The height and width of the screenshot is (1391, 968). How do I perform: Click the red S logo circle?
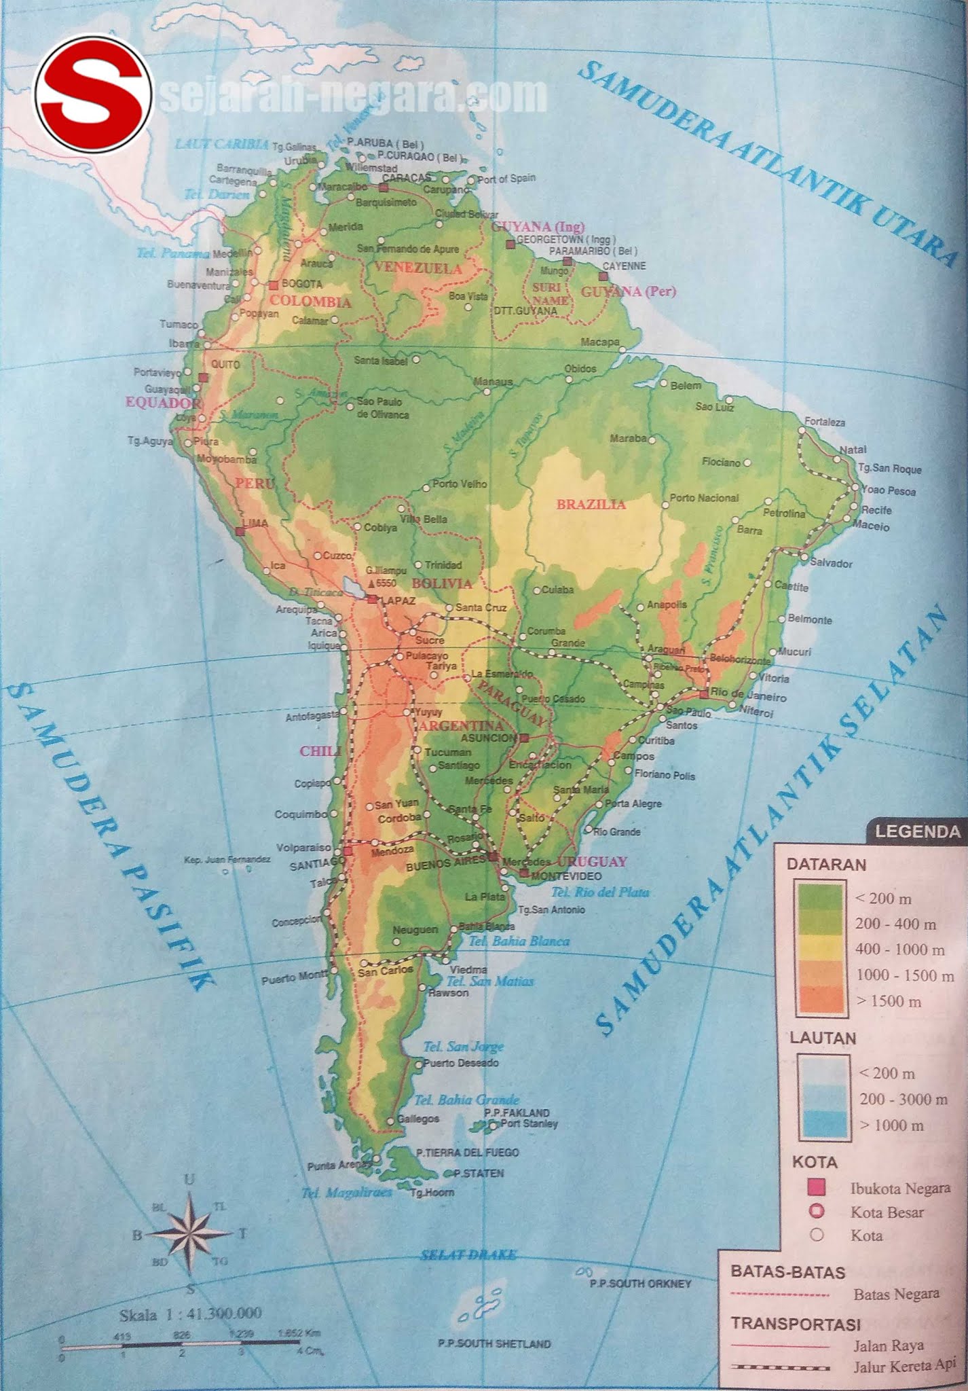pyautogui.click(x=94, y=96)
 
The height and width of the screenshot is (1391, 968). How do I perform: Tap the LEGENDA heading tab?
pyautogui.click(x=917, y=831)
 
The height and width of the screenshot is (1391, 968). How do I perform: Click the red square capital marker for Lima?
pyautogui.click(x=239, y=531)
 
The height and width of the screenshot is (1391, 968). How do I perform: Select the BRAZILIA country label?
pyautogui.click(x=591, y=505)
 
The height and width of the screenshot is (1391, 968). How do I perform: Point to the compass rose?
pyautogui.click(x=191, y=1233)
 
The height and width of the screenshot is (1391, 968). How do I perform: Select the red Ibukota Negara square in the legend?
pyautogui.click(x=817, y=1188)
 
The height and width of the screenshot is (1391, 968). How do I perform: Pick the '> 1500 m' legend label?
pyautogui.click(x=889, y=1001)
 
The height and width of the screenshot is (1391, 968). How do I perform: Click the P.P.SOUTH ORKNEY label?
pyautogui.click(x=640, y=1284)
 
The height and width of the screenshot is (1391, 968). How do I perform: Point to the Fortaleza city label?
pyautogui.click(x=825, y=422)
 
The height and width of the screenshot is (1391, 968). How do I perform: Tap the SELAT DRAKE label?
pyautogui.click(x=468, y=1254)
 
